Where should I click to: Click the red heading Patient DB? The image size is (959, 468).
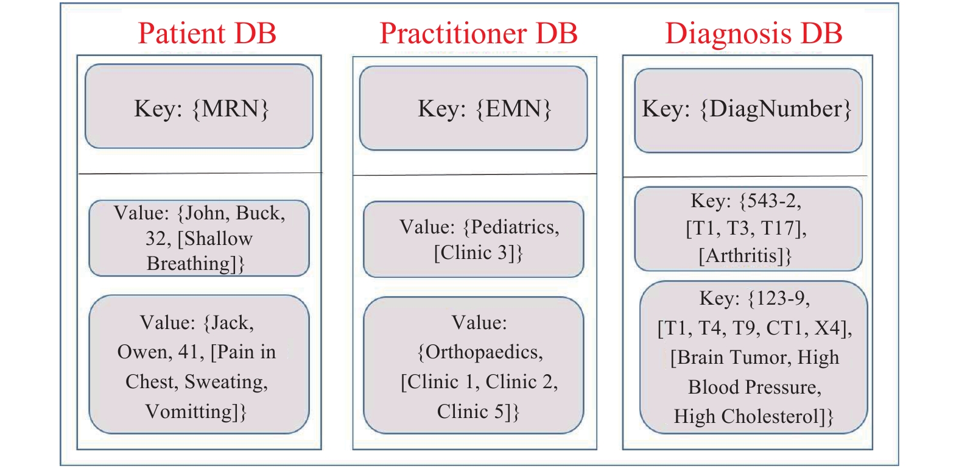click(x=207, y=33)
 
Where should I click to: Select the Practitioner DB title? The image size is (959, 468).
click(x=478, y=33)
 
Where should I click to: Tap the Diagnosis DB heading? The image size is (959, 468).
click(x=754, y=33)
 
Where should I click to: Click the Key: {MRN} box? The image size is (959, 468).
click(x=199, y=106)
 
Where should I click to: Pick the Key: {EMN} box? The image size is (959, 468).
click(x=474, y=108)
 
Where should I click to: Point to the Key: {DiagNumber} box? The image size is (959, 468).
click(x=748, y=110)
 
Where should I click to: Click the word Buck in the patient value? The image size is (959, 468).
click(x=261, y=213)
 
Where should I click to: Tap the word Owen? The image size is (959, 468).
click(x=142, y=352)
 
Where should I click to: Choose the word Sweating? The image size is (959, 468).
click(x=226, y=382)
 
